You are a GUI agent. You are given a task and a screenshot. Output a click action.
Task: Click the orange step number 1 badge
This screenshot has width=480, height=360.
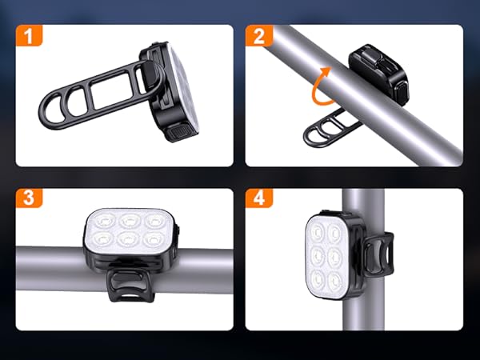pos(29,38)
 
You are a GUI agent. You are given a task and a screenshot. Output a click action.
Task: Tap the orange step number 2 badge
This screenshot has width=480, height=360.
pos(258,38)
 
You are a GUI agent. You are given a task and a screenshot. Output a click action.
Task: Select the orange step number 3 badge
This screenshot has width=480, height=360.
pos(29,199)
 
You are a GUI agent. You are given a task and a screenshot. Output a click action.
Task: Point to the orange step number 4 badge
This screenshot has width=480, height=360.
pos(258,199)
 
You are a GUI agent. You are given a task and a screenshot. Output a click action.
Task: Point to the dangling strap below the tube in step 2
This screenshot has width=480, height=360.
pos(327,127)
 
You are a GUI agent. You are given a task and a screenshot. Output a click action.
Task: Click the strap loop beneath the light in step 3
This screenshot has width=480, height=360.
pos(125,284)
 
